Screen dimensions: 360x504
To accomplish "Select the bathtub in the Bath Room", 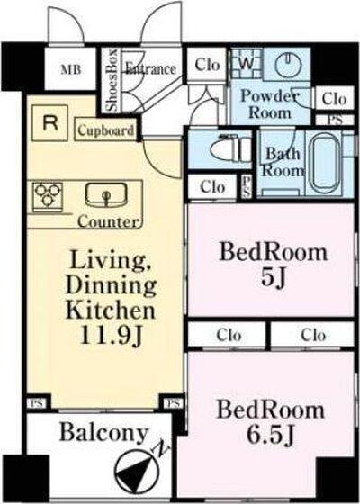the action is [x=325, y=164].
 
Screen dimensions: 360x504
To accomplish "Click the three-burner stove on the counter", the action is [x=48, y=195].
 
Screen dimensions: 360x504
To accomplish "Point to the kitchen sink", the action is [x=106, y=194].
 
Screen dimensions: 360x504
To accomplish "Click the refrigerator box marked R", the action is [x=49, y=123].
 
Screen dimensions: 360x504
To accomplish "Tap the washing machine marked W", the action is [x=247, y=63].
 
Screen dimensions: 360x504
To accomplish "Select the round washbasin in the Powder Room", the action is [x=289, y=65].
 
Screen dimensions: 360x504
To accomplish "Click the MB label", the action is [x=71, y=69].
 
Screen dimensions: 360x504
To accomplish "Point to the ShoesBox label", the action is [x=112, y=80].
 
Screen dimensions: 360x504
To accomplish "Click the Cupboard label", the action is [x=106, y=130].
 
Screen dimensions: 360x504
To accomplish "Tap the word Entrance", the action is [x=150, y=68].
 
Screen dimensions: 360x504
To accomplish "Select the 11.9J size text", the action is [x=111, y=336].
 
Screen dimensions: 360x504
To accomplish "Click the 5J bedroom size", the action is [x=274, y=277].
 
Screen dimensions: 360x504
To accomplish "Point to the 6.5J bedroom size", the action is [x=270, y=435].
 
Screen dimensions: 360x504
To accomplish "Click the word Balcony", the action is [x=103, y=434].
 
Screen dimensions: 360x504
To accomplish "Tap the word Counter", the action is [x=109, y=221].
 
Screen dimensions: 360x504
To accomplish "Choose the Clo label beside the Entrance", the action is [x=207, y=65].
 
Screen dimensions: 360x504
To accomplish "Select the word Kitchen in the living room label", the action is [x=111, y=310].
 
